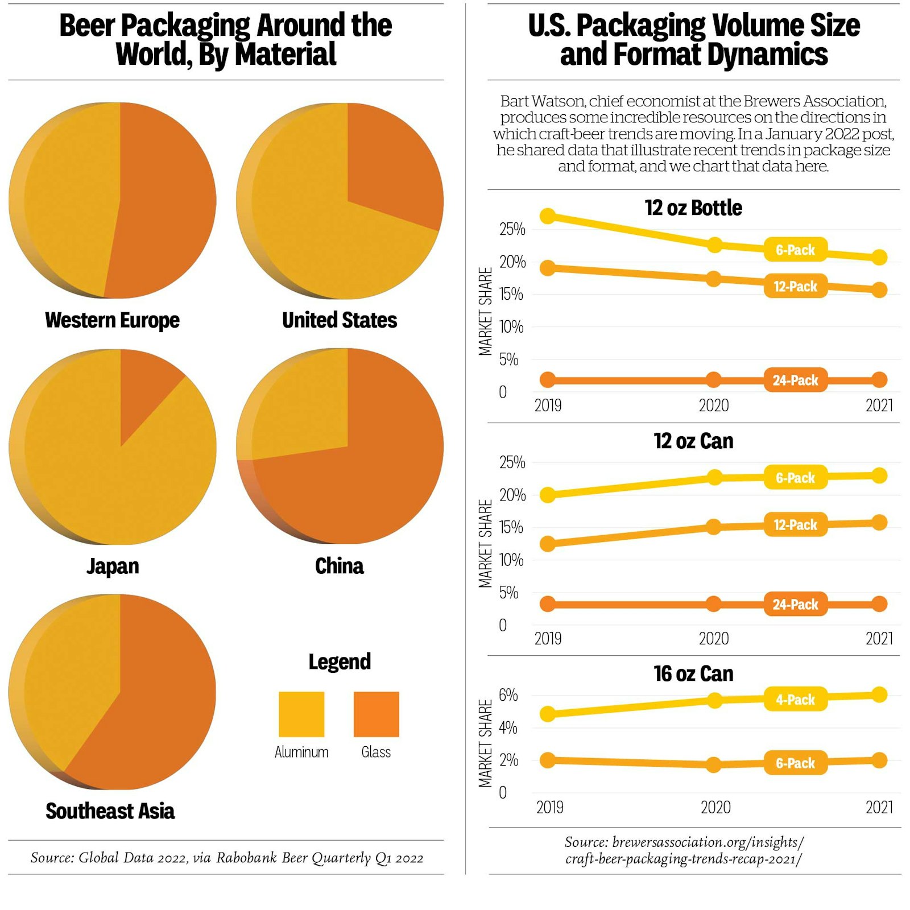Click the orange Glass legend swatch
(376, 714)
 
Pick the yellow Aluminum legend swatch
(301, 714)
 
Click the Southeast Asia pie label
(110, 811)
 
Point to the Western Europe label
(112, 320)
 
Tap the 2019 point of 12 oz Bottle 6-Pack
(547, 216)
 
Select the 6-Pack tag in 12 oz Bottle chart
(795, 250)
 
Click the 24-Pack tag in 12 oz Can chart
(795, 604)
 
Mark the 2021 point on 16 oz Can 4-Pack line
(879, 694)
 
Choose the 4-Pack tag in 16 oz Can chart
(795, 700)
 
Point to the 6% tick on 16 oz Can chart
(508, 695)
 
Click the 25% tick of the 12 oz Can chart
(512, 462)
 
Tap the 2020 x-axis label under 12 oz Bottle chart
(713, 406)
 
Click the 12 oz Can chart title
(693, 441)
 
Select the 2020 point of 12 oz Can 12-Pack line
(713, 527)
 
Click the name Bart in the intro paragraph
(515, 101)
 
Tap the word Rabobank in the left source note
(247, 858)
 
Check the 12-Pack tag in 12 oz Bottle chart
(795, 286)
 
